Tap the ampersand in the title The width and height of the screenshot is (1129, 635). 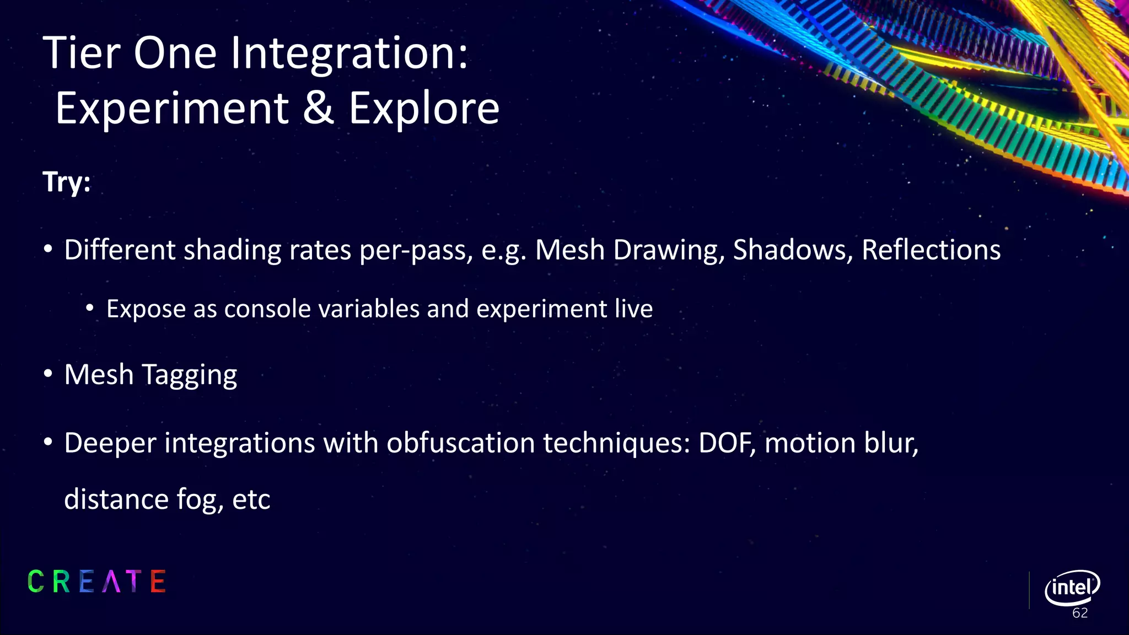point(318,108)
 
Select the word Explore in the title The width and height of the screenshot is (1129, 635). point(424,108)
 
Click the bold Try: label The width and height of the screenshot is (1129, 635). point(67,182)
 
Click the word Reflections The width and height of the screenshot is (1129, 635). point(931,250)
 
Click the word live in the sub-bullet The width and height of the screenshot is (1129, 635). point(634,308)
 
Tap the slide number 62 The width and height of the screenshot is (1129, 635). point(1079,614)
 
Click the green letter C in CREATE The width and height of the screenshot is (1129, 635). point(36,582)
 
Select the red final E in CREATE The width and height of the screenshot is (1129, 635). point(158,582)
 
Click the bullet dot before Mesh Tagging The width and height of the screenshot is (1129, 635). point(49,375)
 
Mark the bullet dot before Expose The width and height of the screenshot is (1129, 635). point(90,309)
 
